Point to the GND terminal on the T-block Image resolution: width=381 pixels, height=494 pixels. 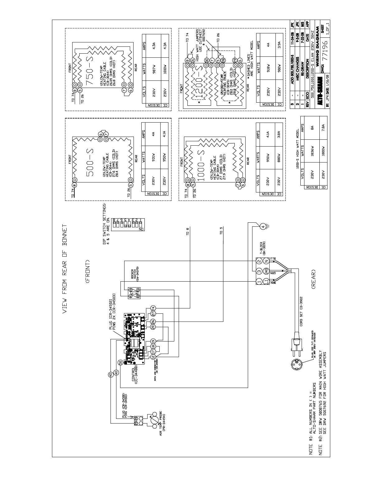[x=266, y=271]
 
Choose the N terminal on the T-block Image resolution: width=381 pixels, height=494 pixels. [x=266, y=261]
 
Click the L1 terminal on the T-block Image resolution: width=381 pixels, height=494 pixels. [x=266, y=282]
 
